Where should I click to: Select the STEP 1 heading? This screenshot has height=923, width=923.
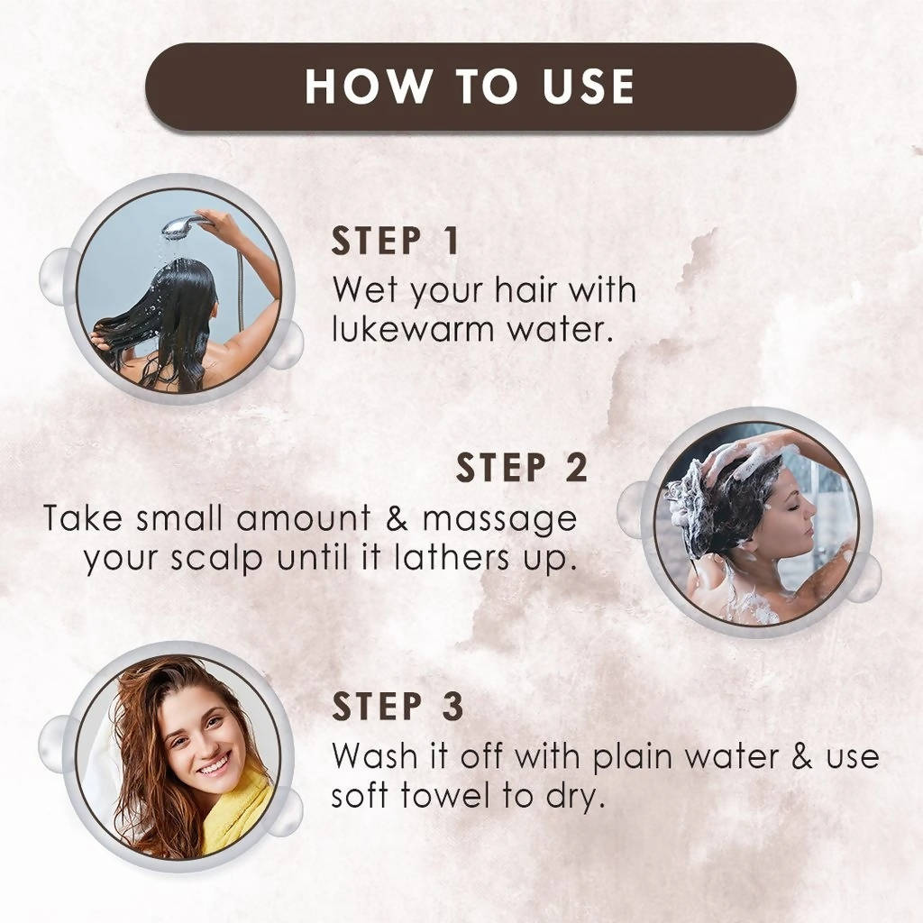click(396, 242)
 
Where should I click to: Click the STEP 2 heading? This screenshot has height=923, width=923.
click(522, 469)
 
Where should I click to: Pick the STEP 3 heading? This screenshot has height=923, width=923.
click(398, 708)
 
